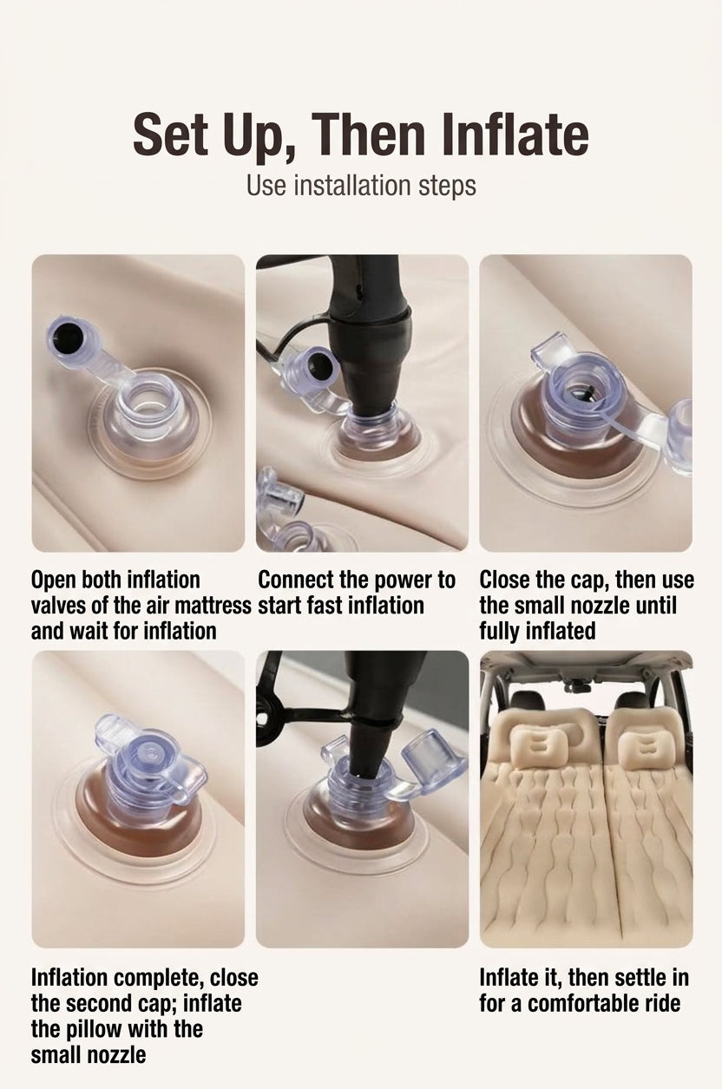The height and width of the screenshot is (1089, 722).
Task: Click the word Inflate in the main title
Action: [x=515, y=134]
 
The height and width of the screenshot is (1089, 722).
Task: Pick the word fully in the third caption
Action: [x=499, y=632]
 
